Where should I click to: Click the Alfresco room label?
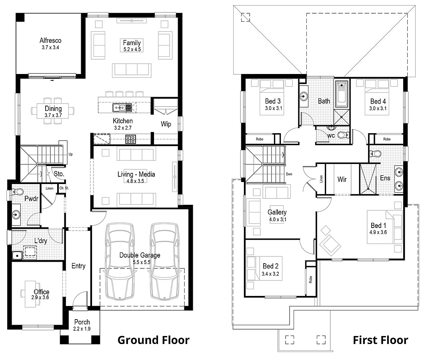point(50,40)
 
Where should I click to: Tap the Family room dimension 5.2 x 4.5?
point(132,49)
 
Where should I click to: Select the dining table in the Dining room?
point(53,109)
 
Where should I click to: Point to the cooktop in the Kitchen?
point(130,139)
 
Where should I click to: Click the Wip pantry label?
point(166,124)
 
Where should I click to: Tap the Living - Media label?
point(136,174)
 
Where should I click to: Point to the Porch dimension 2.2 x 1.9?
point(82,329)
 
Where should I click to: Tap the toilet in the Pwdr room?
point(16,192)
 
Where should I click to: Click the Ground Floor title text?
point(153,340)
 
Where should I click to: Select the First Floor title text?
point(380,340)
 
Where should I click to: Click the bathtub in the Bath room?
point(342,94)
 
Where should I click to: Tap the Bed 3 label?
point(272,101)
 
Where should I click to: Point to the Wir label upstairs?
point(342,179)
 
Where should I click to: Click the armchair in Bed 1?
point(330,244)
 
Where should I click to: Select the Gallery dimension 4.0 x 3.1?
point(277,220)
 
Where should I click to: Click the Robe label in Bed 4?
point(387,139)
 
